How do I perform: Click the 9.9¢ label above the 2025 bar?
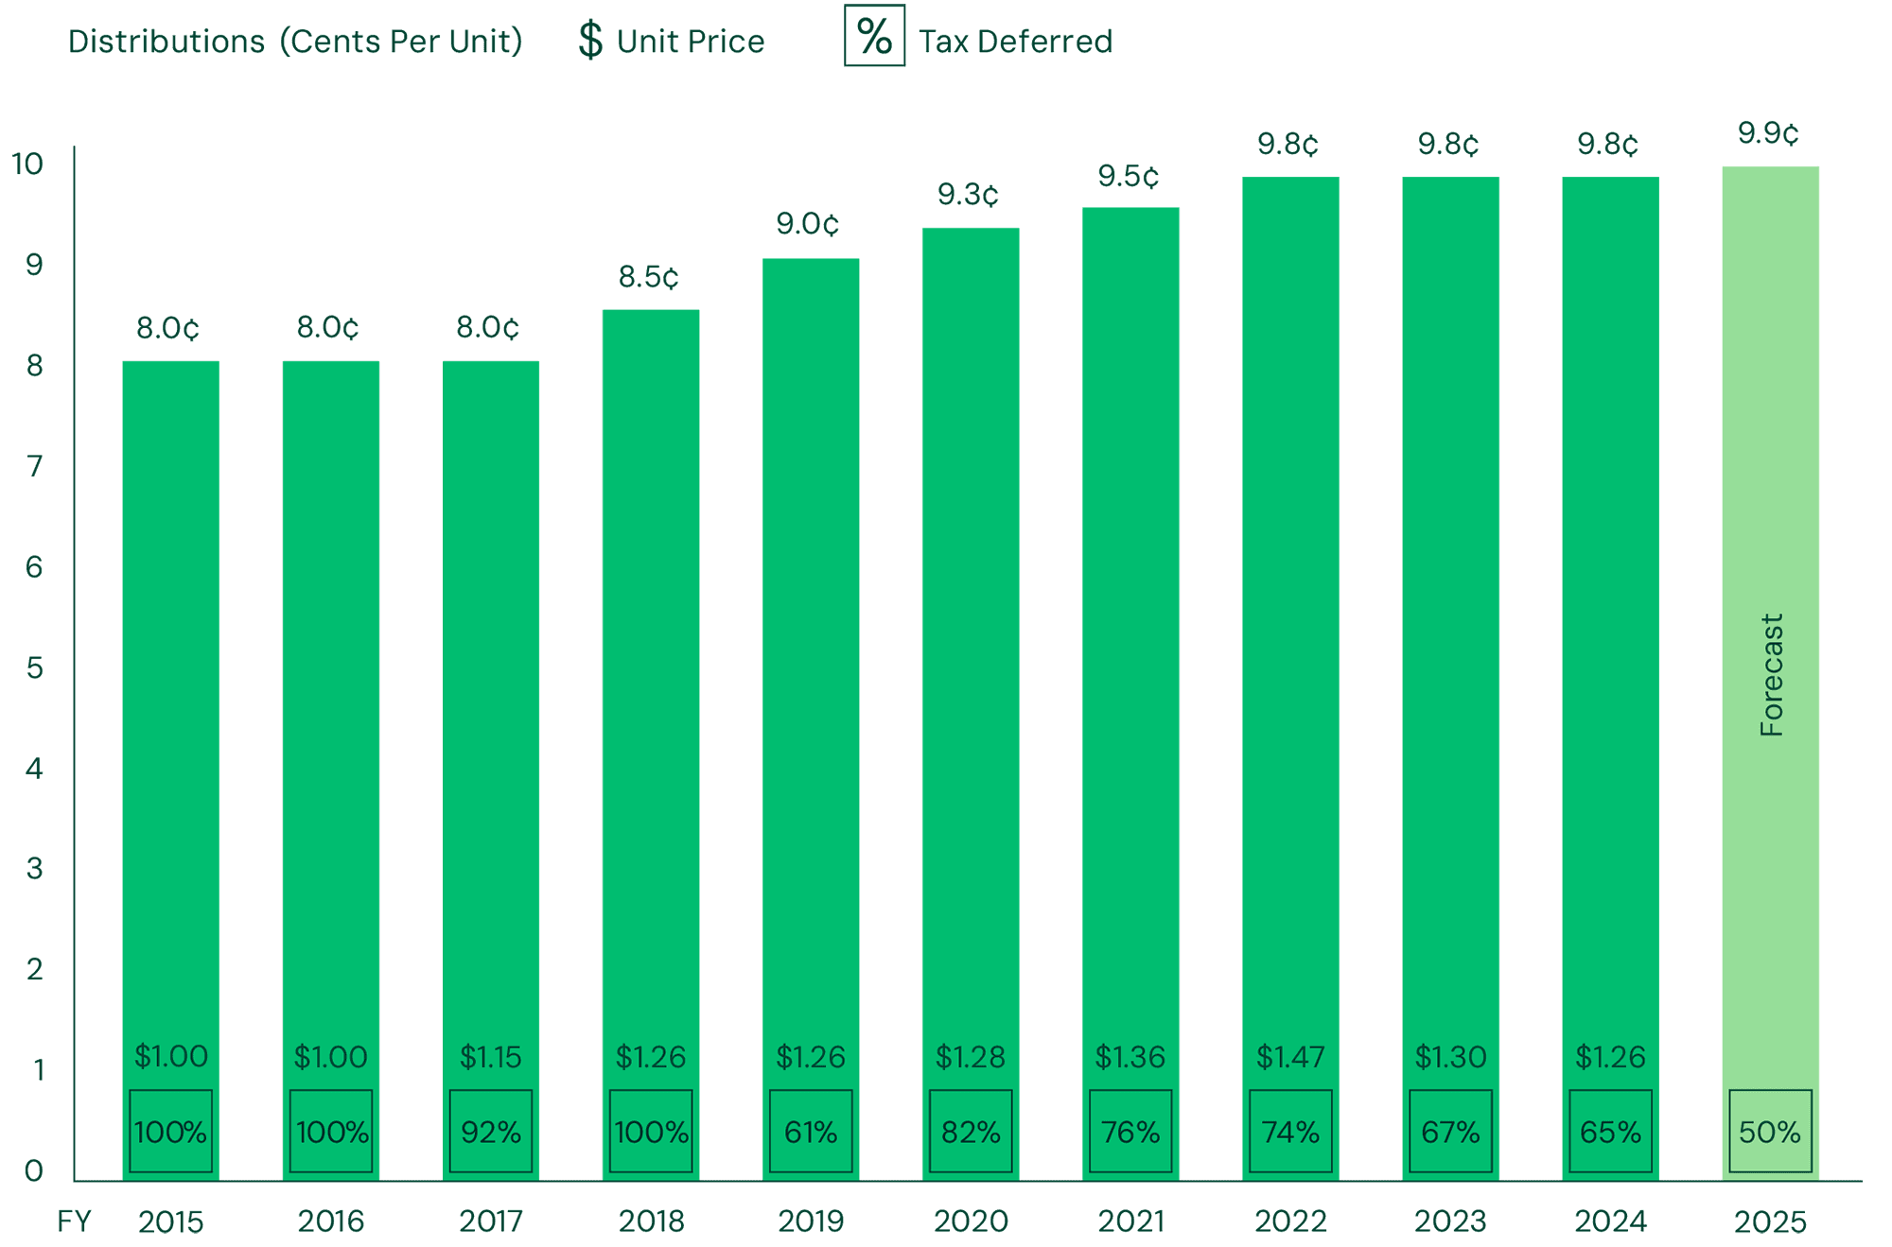(1768, 133)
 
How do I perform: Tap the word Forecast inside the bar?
(1771, 675)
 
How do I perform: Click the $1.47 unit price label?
(1290, 1056)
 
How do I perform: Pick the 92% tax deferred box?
(491, 1131)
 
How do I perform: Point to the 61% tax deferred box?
(811, 1131)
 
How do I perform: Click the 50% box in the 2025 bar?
(1770, 1131)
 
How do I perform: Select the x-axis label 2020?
(971, 1221)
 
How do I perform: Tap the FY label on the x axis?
(74, 1221)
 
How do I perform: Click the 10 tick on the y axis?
(27, 165)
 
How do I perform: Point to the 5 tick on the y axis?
(35, 668)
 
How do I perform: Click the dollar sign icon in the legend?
(590, 41)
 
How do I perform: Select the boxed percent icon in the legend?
(874, 37)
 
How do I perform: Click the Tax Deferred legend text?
(1015, 42)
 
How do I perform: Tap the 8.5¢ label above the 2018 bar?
(649, 277)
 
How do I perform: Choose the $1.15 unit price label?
(491, 1056)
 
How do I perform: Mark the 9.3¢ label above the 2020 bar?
(968, 195)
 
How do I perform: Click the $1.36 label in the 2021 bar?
(1130, 1056)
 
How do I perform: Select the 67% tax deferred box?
(1450, 1131)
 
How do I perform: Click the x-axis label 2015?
(171, 1221)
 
